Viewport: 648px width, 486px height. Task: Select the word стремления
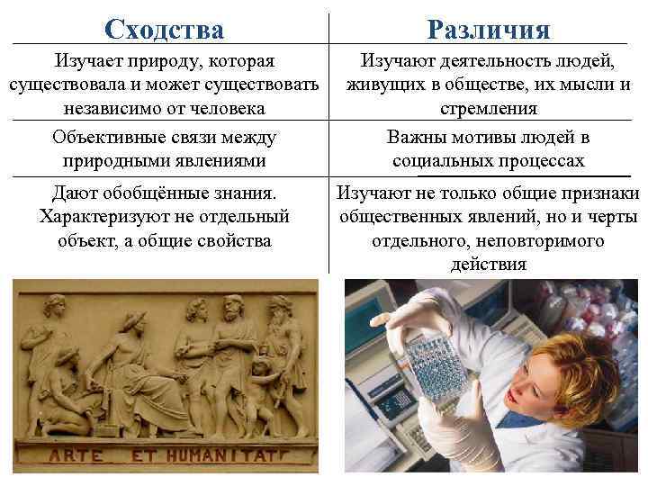point(489,109)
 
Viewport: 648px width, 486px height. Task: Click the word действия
point(489,265)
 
